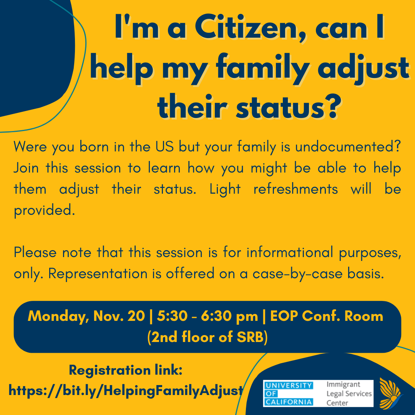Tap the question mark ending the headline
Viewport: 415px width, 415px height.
point(330,106)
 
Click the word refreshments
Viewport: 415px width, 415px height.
point(295,189)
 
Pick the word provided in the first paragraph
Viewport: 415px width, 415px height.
point(45,211)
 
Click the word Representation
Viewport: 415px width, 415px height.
point(98,274)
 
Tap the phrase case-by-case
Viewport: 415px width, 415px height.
point(297,274)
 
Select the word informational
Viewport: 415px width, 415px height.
point(290,252)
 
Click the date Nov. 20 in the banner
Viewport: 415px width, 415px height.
point(119,316)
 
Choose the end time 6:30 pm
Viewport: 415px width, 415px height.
point(229,316)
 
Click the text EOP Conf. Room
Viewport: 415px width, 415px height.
point(327,316)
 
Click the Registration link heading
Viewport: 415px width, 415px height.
point(126,370)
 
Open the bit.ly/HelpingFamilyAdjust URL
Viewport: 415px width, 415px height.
point(126,391)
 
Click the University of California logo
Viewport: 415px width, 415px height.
point(288,393)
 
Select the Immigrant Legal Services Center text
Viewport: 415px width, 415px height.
point(349,393)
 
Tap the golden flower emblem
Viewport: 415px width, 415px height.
point(390,393)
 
